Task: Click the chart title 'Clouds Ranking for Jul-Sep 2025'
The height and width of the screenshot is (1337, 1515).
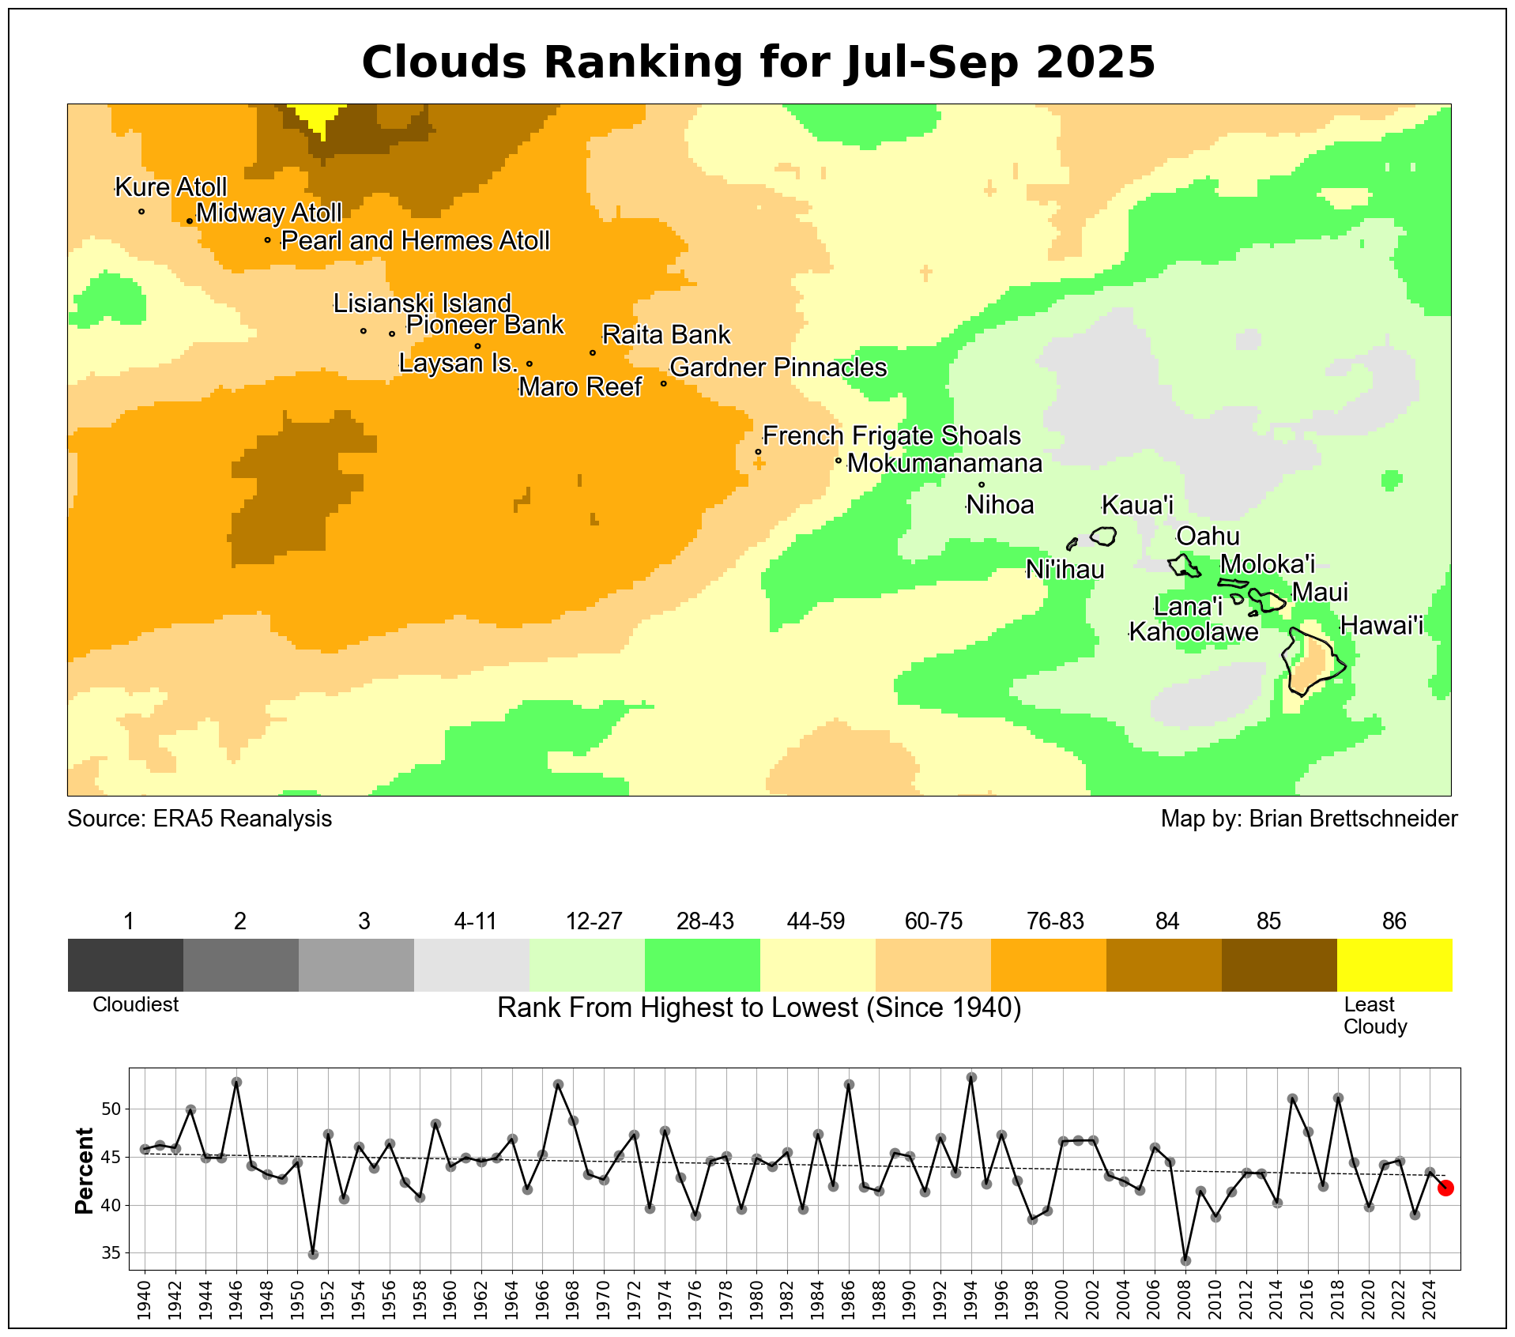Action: pyautogui.click(x=758, y=62)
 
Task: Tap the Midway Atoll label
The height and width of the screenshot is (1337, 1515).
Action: pyautogui.click(x=269, y=213)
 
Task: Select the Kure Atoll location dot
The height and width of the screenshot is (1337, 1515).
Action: pyautogui.click(x=141, y=211)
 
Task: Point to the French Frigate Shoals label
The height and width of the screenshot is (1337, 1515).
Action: pyautogui.click(x=891, y=436)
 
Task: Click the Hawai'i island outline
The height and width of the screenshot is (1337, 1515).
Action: pyautogui.click(x=1313, y=662)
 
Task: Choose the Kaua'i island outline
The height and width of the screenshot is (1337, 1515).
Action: pyautogui.click(x=1103, y=536)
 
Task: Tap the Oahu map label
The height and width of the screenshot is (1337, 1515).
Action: pyautogui.click(x=1208, y=537)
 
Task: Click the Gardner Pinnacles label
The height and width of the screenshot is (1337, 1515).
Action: pyautogui.click(x=778, y=368)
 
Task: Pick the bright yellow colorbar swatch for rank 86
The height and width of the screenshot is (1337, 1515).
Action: pyautogui.click(x=1394, y=964)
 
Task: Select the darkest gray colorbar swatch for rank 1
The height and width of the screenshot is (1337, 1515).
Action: pyautogui.click(x=126, y=964)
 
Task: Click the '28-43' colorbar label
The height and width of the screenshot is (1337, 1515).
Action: pyautogui.click(x=705, y=921)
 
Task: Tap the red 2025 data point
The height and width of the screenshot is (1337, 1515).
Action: pyautogui.click(x=1445, y=1188)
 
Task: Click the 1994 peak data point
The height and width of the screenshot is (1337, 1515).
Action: pyautogui.click(x=971, y=1077)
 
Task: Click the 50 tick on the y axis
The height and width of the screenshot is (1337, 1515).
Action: pyautogui.click(x=111, y=1109)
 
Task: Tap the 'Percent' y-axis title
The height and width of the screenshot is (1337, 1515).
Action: pyautogui.click(x=84, y=1170)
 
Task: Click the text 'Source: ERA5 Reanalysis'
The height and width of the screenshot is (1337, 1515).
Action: pyautogui.click(x=200, y=819)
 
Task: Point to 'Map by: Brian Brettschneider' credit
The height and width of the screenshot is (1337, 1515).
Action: pyautogui.click(x=1309, y=819)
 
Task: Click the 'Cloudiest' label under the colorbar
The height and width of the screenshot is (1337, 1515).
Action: pyautogui.click(x=136, y=1005)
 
